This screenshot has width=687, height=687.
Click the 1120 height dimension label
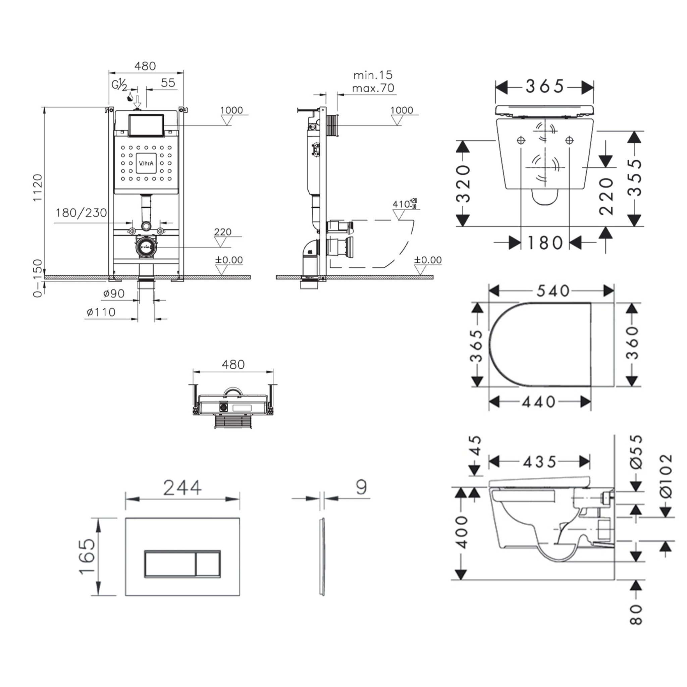[x=38, y=188]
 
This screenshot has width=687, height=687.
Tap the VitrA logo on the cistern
[x=146, y=164]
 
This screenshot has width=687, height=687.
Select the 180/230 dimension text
[x=81, y=213]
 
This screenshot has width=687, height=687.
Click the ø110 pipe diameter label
[x=101, y=312]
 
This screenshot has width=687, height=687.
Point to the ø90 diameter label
[x=114, y=294]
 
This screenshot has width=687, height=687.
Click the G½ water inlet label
[x=119, y=85]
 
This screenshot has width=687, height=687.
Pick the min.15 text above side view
[x=373, y=75]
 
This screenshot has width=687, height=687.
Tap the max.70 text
[x=373, y=88]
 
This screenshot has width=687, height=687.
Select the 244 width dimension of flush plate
[x=182, y=488]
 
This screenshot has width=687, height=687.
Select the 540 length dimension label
[x=552, y=291]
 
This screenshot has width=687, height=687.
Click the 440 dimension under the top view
[x=539, y=402]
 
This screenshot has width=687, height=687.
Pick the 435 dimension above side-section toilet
[x=539, y=462]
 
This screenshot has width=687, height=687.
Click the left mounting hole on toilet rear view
[x=521, y=141]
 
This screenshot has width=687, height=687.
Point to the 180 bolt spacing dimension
[x=545, y=243]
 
